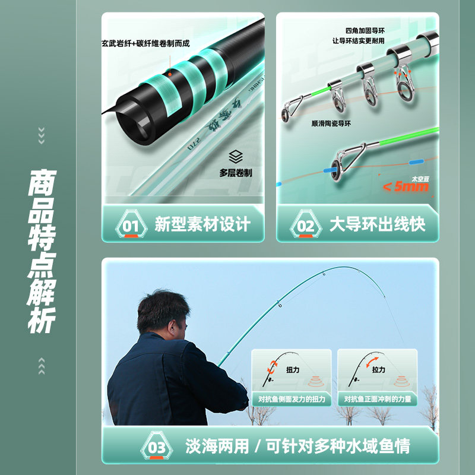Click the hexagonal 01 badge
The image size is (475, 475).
pyautogui.click(x=131, y=226)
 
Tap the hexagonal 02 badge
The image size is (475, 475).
pyautogui.click(x=305, y=226)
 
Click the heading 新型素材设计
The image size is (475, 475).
pyautogui.click(x=202, y=224)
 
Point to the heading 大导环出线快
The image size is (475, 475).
pyautogui.click(x=378, y=224)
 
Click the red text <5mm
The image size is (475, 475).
pyautogui.click(x=405, y=187)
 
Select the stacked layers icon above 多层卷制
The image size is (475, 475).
pyautogui.click(x=236, y=157)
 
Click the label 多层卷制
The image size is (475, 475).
pyautogui.click(x=236, y=173)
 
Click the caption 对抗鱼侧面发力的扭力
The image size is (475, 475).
pyautogui.click(x=292, y=400)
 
